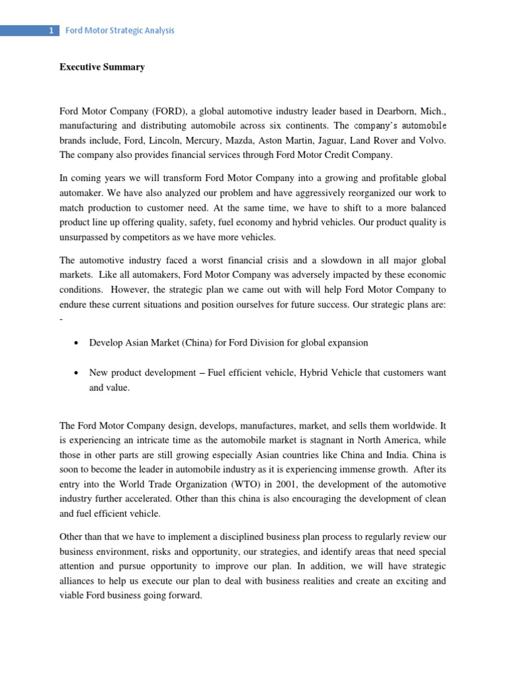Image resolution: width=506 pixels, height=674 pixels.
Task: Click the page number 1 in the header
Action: coord(50,30)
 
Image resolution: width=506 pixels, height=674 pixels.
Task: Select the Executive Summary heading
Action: coord(102,67)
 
